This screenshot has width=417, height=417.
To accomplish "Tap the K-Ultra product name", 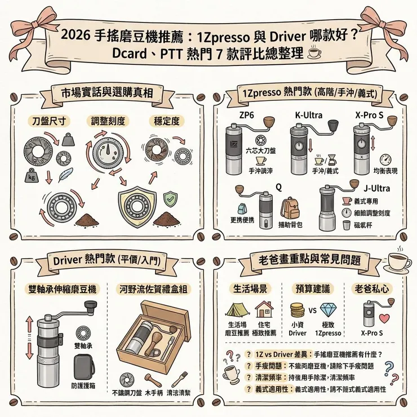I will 308,115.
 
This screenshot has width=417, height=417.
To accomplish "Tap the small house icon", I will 263,309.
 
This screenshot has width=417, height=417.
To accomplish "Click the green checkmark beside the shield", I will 170,198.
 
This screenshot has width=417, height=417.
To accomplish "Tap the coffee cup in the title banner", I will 314,53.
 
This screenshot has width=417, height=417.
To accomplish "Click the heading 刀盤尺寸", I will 43,121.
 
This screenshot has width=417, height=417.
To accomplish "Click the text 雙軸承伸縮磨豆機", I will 63,289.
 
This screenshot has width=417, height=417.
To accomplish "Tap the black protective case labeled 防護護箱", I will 84,367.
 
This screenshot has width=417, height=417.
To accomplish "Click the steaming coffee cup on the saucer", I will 400,260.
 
